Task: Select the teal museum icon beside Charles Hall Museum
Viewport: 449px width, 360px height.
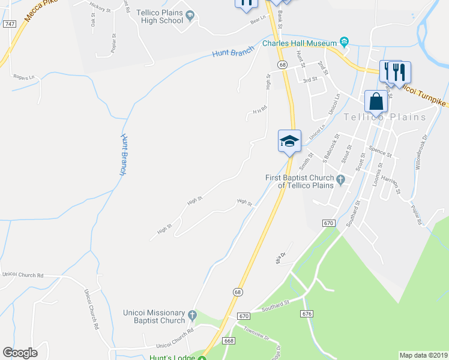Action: [x=344, y=41]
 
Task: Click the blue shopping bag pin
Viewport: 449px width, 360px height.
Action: [x=376, y=101]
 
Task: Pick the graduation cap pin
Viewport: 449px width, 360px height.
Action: [x=289, y=142]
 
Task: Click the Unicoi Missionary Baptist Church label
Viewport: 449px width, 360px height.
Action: [x=154, y=316]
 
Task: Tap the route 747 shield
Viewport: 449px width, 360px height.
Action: [x=8, y=23]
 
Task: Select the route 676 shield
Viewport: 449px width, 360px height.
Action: [x=308, y=314]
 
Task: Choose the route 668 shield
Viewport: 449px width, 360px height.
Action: [x=228, y=340]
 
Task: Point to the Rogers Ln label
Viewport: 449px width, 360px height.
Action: [x=24, y=76]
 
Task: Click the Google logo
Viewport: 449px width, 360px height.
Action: [x=20, y=353]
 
